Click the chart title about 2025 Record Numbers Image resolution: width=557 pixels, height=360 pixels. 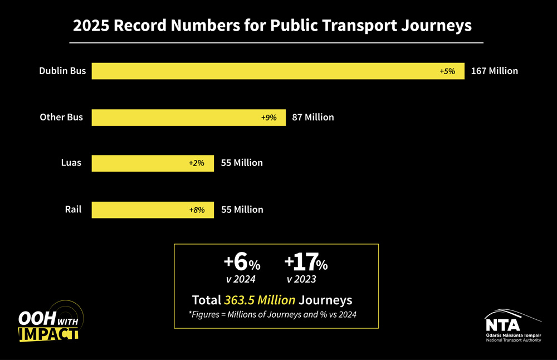(x=272, y=26)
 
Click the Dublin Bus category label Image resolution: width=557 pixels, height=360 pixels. (x=62, y=71)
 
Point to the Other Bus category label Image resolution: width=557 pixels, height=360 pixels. (x=61, y=118)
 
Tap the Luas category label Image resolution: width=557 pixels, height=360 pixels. (x=71, y=163)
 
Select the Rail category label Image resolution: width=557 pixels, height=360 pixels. (x=73, y=210)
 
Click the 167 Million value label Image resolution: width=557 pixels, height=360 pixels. (x=495, y=71)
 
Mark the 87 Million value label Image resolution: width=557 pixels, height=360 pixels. (x=313, y=118)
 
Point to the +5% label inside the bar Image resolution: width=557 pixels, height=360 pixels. (x=447, y=71)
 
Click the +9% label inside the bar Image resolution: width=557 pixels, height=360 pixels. (x=268, y=118)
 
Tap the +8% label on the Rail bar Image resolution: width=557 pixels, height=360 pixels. (x=197, y=210)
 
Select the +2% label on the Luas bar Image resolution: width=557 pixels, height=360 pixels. (x=197, y=163)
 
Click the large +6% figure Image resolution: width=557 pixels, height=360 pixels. (x=242, y=262)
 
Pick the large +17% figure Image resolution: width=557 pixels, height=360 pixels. (x=305, y=262)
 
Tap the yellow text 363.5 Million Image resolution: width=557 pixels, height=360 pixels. (x=260, y=300)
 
